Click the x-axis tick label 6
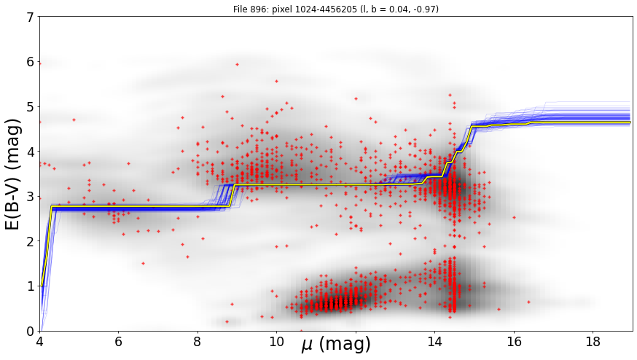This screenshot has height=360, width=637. [x=118, y=342]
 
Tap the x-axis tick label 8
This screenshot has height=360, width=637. [x=198, y=342]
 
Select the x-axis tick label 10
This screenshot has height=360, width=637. [x=276, y=342]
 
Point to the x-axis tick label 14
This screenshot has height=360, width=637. [x=434, y=342]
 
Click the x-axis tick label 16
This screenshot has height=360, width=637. [x=514, y=342]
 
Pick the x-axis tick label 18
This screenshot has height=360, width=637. [x=593, y=342]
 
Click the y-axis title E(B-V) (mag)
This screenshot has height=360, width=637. [x=13, y=174]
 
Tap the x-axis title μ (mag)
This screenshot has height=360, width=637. [x=336, y=345]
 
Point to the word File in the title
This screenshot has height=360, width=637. [x=240, y=9]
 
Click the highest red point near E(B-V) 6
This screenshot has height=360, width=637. [x=238, y=64]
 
